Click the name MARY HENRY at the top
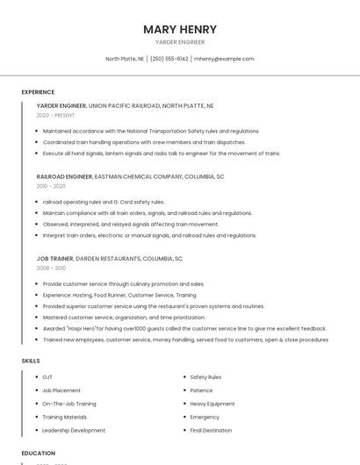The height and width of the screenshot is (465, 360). pos(180,29)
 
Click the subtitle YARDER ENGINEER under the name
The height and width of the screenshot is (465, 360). pos(180,42)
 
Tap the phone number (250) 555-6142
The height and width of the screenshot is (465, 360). pos(169,59)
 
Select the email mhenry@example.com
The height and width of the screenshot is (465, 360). pos(224,59)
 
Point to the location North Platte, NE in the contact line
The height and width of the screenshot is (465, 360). pos(125,59)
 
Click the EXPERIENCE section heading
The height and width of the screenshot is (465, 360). pos(38,92)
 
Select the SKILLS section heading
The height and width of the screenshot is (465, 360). pos(31,361)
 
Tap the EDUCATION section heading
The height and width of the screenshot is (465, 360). pos(38,454)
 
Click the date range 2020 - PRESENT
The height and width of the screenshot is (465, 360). pos(56,115)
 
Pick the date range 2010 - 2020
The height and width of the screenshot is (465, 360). pos(51,186)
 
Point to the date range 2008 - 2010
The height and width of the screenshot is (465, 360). pos(51,268)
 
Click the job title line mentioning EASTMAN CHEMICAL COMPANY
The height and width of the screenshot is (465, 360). pos(130,176)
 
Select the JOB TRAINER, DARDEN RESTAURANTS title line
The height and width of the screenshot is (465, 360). pos(110,259)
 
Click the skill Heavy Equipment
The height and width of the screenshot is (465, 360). pos(212,404)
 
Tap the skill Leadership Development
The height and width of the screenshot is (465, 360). pos(74,431)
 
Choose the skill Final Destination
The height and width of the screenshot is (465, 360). pos(211,431)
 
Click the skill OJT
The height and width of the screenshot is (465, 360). pos(47,377)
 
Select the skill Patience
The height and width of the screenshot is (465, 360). pos(201,390)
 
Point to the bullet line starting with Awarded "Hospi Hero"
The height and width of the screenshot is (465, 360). pos(184,328)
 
